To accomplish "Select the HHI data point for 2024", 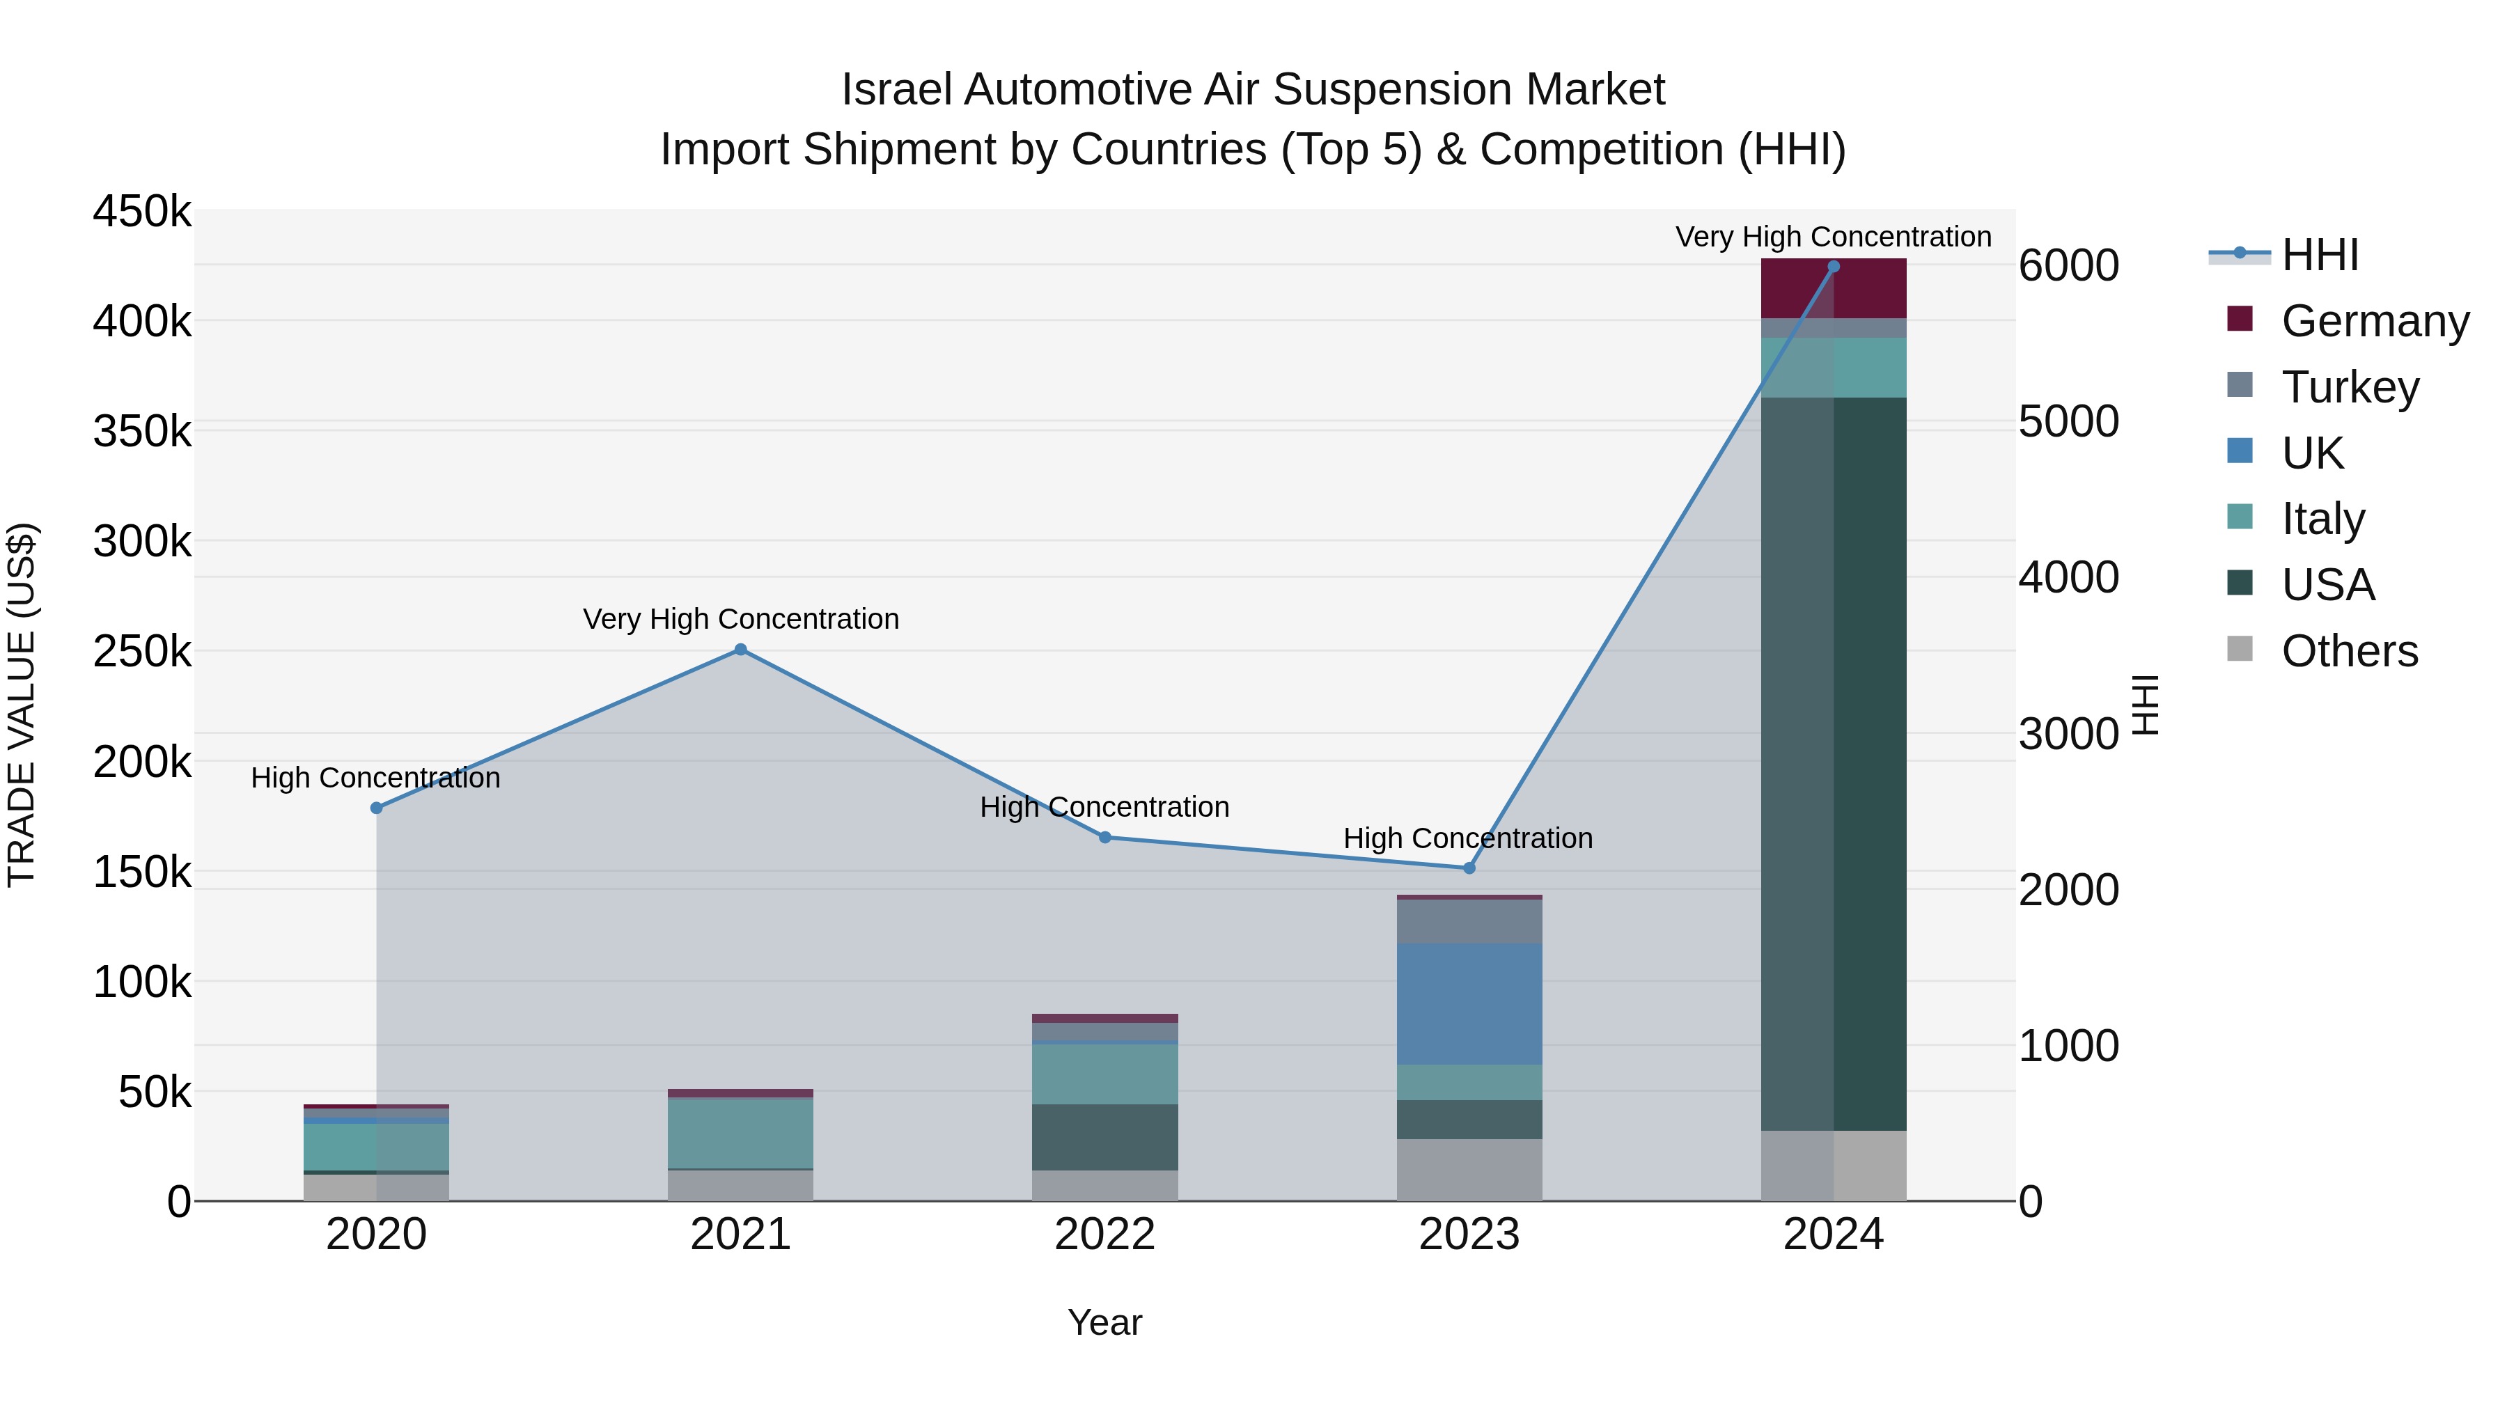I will [1834, 266].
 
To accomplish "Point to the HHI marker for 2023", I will [1469, 868].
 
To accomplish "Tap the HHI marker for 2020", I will [377, 808].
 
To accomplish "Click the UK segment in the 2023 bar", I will [1469, 1003].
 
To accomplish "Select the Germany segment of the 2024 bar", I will [1834, 288].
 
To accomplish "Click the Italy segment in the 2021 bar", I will [741, 1133].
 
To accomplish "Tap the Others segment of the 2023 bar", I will [1469, 1170].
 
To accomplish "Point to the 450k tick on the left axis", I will [142, 211].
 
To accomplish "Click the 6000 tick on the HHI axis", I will [2068, 266].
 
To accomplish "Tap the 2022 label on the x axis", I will [1104, 1235].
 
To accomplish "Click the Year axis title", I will [1104, 1322].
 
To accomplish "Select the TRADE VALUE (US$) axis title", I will [22, 705].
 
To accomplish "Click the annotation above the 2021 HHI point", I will [741, 619].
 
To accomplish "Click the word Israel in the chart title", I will [896, 90].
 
